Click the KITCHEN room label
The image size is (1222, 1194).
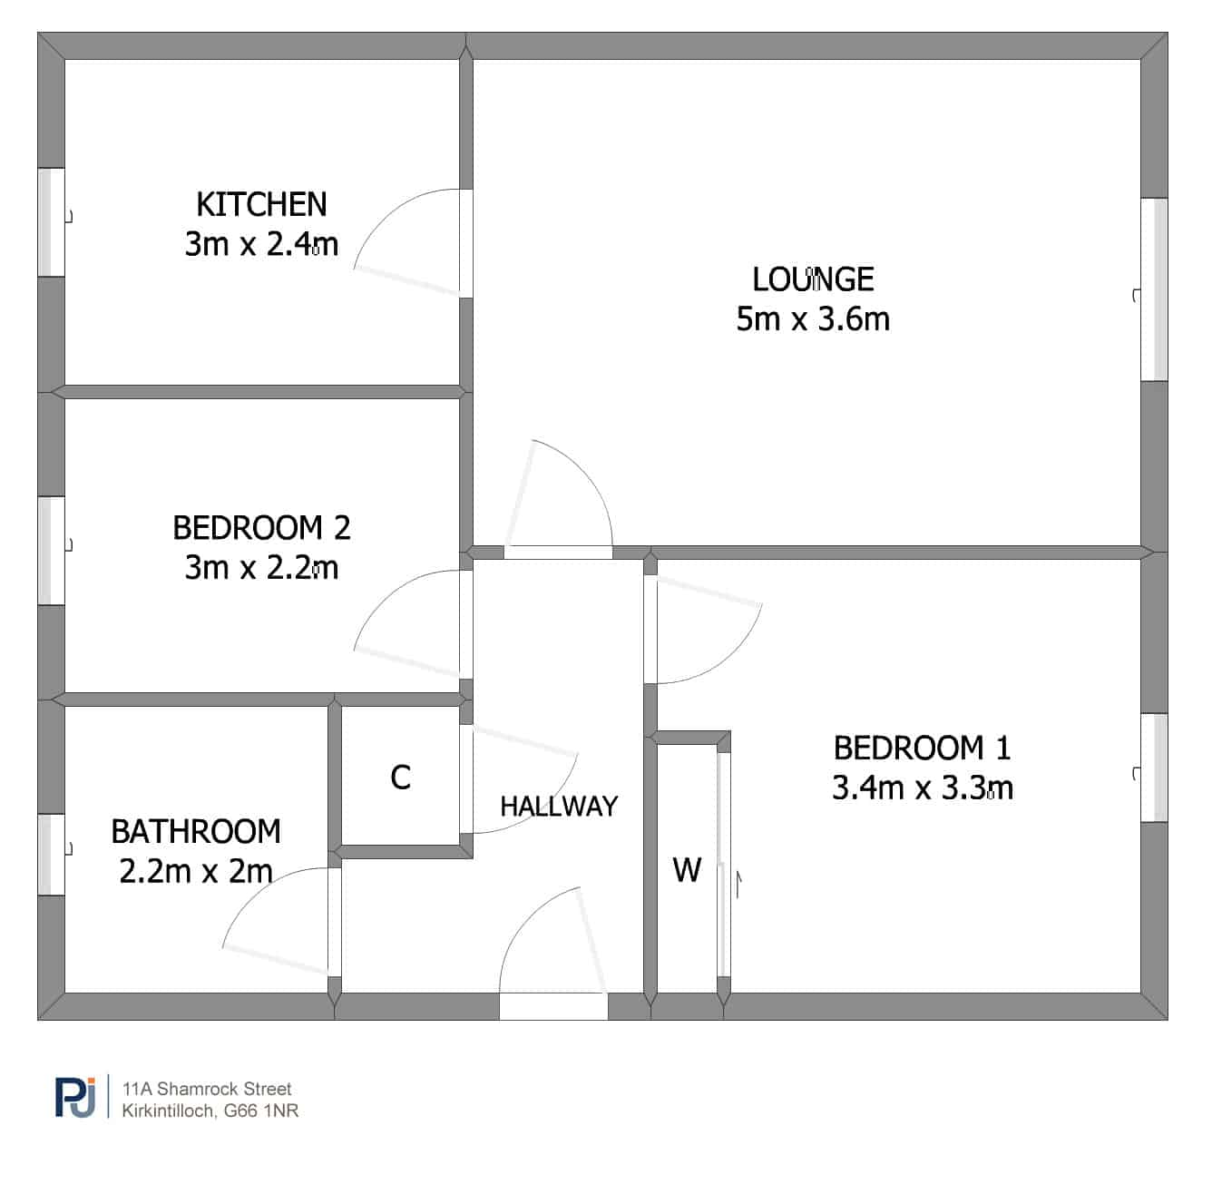tap(261, 204)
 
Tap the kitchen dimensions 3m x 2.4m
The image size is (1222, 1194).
tap(261, 244)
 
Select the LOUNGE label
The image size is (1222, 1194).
tap(813, 279)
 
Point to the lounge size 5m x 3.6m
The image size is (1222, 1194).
tap(813, 319)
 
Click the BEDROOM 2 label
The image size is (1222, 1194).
tap(261, 528)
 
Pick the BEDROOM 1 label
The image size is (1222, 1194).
tap(923, 748)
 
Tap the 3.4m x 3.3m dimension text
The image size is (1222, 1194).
tap(923, 788)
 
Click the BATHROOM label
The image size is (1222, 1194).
tap(196, 832)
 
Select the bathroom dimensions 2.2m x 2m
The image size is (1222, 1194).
tap(196, 871)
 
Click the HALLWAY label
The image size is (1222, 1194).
tap(559, 806)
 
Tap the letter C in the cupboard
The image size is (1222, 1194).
tap(401, 778)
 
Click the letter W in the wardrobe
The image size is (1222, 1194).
tap(687, 870)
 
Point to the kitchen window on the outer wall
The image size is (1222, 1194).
tap(51, 222)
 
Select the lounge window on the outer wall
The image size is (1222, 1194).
tap(1154, 289)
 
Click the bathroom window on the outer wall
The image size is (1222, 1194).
tap(51, 855)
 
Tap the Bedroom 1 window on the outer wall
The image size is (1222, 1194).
tap(1154, 768)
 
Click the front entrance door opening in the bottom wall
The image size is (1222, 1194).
tap(553, 1006)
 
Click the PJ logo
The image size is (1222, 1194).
tap(75, 1097)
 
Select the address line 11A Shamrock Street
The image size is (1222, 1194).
tap(207, 1089)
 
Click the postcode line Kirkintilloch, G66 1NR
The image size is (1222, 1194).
tap(210, 1111)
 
